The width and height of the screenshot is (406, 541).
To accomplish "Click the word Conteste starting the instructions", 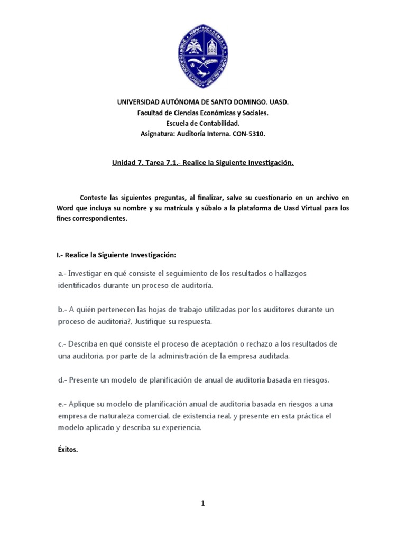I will click(94, 197).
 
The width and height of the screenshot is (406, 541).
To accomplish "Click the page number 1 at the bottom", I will click(202, 503).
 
